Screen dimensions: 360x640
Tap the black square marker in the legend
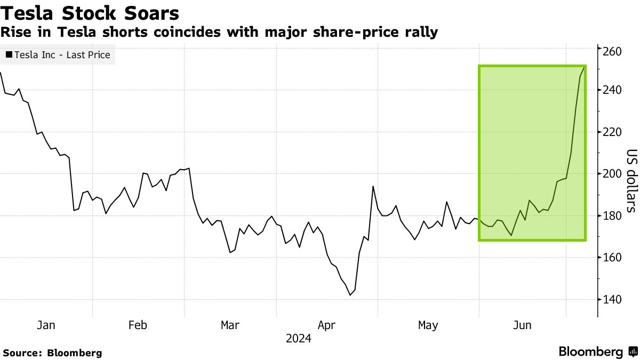[x=9, y=54]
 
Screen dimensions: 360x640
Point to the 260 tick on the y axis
[x=612, y=52]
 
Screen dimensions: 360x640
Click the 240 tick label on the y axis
[x=612, y=90]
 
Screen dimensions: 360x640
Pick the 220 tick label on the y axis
[x=612, y=132]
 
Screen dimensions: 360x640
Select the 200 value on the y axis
[x=612, y=174]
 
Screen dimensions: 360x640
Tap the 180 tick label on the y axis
[x=612, y=215]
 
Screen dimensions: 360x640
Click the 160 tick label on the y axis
[x=612, y=258]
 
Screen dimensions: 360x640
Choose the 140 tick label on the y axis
[x=612, y=299]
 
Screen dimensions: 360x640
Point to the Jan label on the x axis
[x=46, y=325]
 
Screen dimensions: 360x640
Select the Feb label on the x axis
[x=138, y=325]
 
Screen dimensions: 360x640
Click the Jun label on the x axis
[x=522, y=325]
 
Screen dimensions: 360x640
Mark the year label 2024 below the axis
[x=298, y=338]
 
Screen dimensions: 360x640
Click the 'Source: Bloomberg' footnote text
[x=52, y=353]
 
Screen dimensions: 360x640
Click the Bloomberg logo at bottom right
[x=597, y=352]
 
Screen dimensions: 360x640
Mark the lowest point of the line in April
[x=350, y=295]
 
